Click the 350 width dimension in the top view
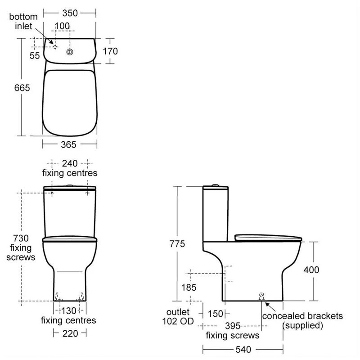tap(70, 13)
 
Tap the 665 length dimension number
tap(22, 88)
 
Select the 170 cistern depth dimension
tap(110, 51)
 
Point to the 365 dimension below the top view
tap(69, 144)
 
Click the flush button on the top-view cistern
tap(70, 52)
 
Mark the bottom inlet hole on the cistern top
tap(55, 47)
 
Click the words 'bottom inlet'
tap(23, 21)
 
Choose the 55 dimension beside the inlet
tap(35, 55)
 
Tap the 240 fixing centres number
tap(70, 163)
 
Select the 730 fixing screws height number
tap(21, 238)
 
